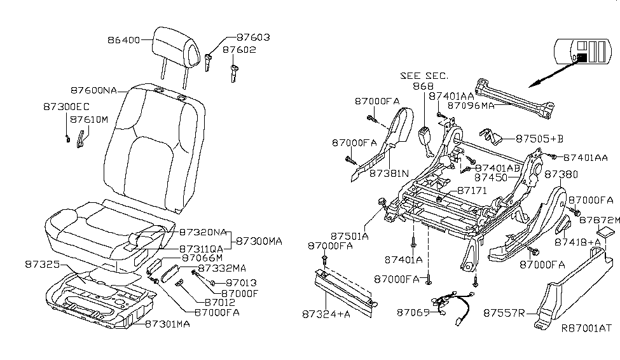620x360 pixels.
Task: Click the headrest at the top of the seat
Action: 176,45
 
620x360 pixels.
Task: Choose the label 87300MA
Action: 259,242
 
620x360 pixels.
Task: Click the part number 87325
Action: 41,263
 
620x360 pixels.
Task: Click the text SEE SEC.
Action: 424,75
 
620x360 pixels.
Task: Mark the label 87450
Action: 491,178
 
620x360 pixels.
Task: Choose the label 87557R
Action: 502,313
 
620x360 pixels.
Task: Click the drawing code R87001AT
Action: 586,329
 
